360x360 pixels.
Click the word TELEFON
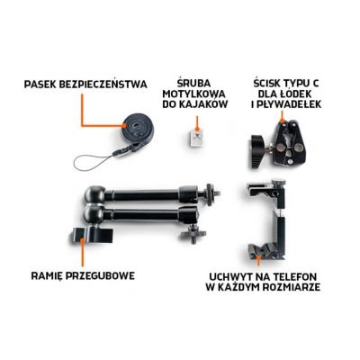(293, 274)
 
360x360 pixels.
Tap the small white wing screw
(192, 138)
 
